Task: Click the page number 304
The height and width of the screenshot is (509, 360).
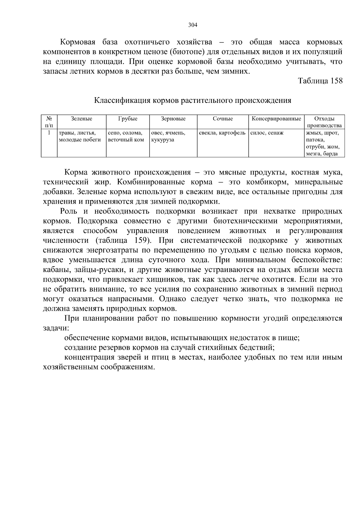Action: [193, 25]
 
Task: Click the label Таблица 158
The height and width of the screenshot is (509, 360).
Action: [320, 81]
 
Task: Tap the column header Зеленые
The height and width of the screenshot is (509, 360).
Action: [82, 119]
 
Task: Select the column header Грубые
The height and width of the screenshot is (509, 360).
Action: [128, 119]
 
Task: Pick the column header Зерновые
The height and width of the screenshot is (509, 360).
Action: [173, 119]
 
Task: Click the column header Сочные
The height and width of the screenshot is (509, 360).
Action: [223, 119]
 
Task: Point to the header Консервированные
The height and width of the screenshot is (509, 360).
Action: [276, 119]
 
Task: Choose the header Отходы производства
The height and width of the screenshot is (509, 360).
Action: [324, 122]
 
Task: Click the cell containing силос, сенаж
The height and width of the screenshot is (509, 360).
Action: [267, 133]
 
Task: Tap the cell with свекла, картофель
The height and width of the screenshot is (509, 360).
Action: [222, 133]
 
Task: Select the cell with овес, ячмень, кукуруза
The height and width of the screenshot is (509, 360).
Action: [168, 136]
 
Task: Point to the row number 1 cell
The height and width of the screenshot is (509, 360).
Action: [49, 133]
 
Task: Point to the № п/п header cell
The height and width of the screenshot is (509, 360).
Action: [49, 122]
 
